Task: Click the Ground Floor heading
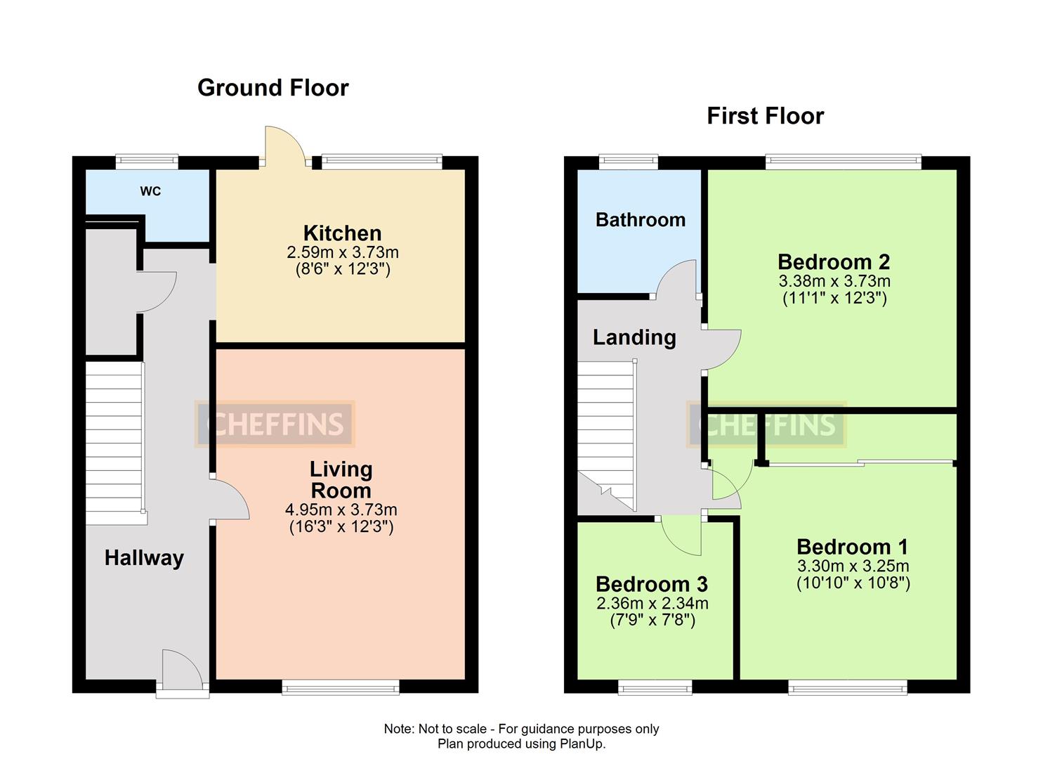coord(273,88)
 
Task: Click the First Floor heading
coord(765,116)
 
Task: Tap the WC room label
coord(150,191)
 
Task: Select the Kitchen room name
coord(342,233)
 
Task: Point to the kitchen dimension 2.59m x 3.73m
coord(342,252)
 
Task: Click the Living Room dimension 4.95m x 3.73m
coord(341,510)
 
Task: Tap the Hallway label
coord(144,558)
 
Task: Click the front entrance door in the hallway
coord(181,671)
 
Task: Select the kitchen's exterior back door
coord(284,146)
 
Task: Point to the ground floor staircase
coord(114,443)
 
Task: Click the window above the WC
coord(147,162)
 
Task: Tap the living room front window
coord(341,687)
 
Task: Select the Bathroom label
coord(640,220)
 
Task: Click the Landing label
coord(634,337)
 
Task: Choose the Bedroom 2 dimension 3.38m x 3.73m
coord(834,281)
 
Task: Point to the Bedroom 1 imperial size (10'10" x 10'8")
coord(853,583)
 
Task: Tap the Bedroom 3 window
coord(655,687)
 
